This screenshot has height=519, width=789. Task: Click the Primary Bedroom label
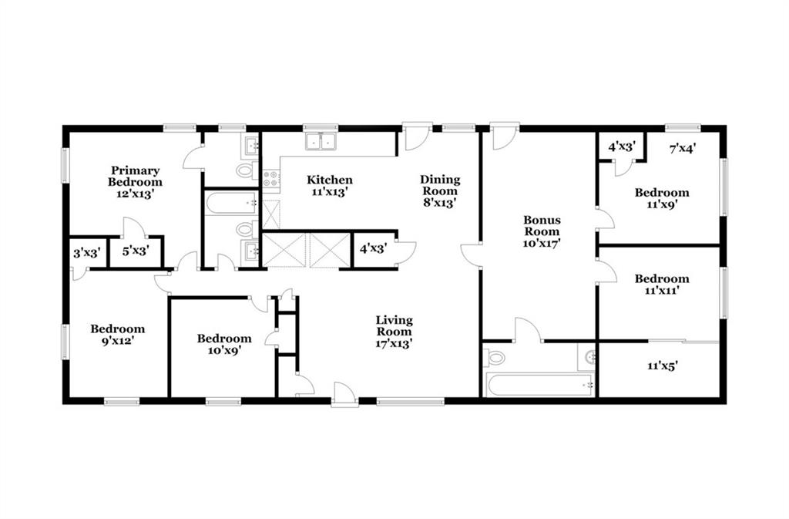point(135,182)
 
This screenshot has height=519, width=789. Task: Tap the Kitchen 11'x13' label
point(330,185)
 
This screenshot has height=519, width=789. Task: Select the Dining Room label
point(440,190)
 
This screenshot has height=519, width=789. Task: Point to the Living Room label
point(394,332)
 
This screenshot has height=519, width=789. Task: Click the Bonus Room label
point(542,231)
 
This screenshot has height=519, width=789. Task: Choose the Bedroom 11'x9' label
point(662,198)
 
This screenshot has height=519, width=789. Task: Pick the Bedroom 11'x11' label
point(662,285)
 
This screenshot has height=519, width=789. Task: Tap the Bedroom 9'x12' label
point(118,334)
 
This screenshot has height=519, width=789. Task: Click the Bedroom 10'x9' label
point(224,344)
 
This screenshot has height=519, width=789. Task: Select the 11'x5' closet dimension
point(662,366)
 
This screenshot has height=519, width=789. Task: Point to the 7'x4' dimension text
point(683,148)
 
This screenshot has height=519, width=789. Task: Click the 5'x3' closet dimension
point(135,250)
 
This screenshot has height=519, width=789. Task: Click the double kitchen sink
point(321,141)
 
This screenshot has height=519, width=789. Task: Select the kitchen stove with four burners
point(270,179)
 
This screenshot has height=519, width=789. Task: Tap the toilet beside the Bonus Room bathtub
point(495,357)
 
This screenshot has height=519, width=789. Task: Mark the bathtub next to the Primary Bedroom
point(231,203)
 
